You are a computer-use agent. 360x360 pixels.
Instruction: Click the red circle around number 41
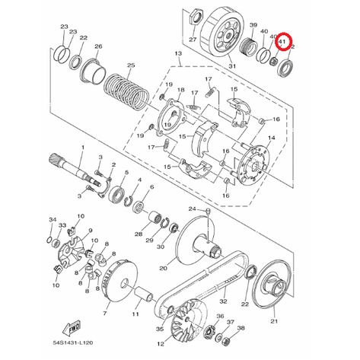(285, 33)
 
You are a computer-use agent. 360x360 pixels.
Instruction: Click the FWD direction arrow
(72, 329)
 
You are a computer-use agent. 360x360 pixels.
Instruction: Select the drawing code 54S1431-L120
(73, 343)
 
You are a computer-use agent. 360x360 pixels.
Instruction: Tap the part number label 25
(131, 65)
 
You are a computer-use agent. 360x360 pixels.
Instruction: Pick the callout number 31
(232, 66)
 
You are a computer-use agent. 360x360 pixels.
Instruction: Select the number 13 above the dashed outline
(179, 53)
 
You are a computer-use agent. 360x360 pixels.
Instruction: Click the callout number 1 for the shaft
(83, 147)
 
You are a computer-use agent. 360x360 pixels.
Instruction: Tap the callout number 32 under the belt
(223, 301)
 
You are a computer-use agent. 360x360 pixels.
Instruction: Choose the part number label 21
(274, 321)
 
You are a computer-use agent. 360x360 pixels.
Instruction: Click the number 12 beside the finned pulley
(161, 344)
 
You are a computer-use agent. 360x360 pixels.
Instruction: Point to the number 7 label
(105, 314)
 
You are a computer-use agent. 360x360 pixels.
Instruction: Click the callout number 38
(241, 328)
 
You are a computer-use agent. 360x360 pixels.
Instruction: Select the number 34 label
(53, 219)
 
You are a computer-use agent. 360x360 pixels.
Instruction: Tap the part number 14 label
(272, 138)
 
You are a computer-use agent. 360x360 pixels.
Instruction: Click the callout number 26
(98, 46)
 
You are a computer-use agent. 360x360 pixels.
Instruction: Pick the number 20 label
(163, 268)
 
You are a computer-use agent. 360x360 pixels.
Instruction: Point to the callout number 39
(253, 25)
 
